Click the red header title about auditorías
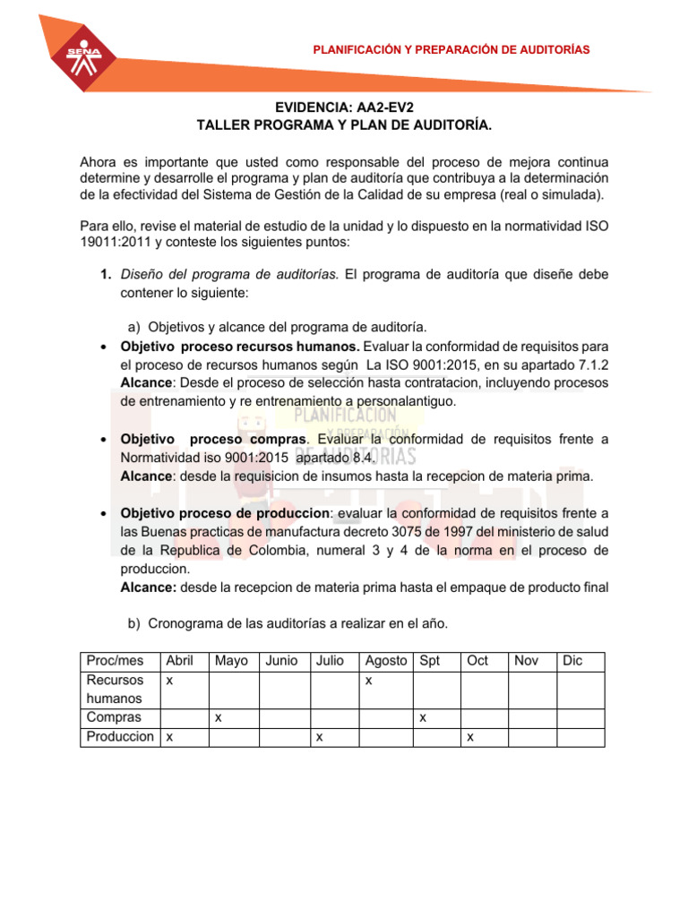(x=451, y=49)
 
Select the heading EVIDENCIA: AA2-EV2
(x=344, y=107)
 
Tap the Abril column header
(x=179, y=661)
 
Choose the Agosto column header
(x=385, y=661)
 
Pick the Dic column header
(x=572, y=661)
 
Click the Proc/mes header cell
(x=115, y=661)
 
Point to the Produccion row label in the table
(x=119, y=736)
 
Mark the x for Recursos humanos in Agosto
(x=368, y=681)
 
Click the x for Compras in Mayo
(x=219, y=717)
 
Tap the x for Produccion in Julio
(x=319, y=736)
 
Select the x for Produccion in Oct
(x=471, y=736)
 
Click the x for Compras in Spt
(x=423, y=717)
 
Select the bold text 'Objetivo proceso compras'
(x=214, y=439)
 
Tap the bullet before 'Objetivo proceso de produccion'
(x=104, y=514)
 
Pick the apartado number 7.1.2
(x=590, y=364)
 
